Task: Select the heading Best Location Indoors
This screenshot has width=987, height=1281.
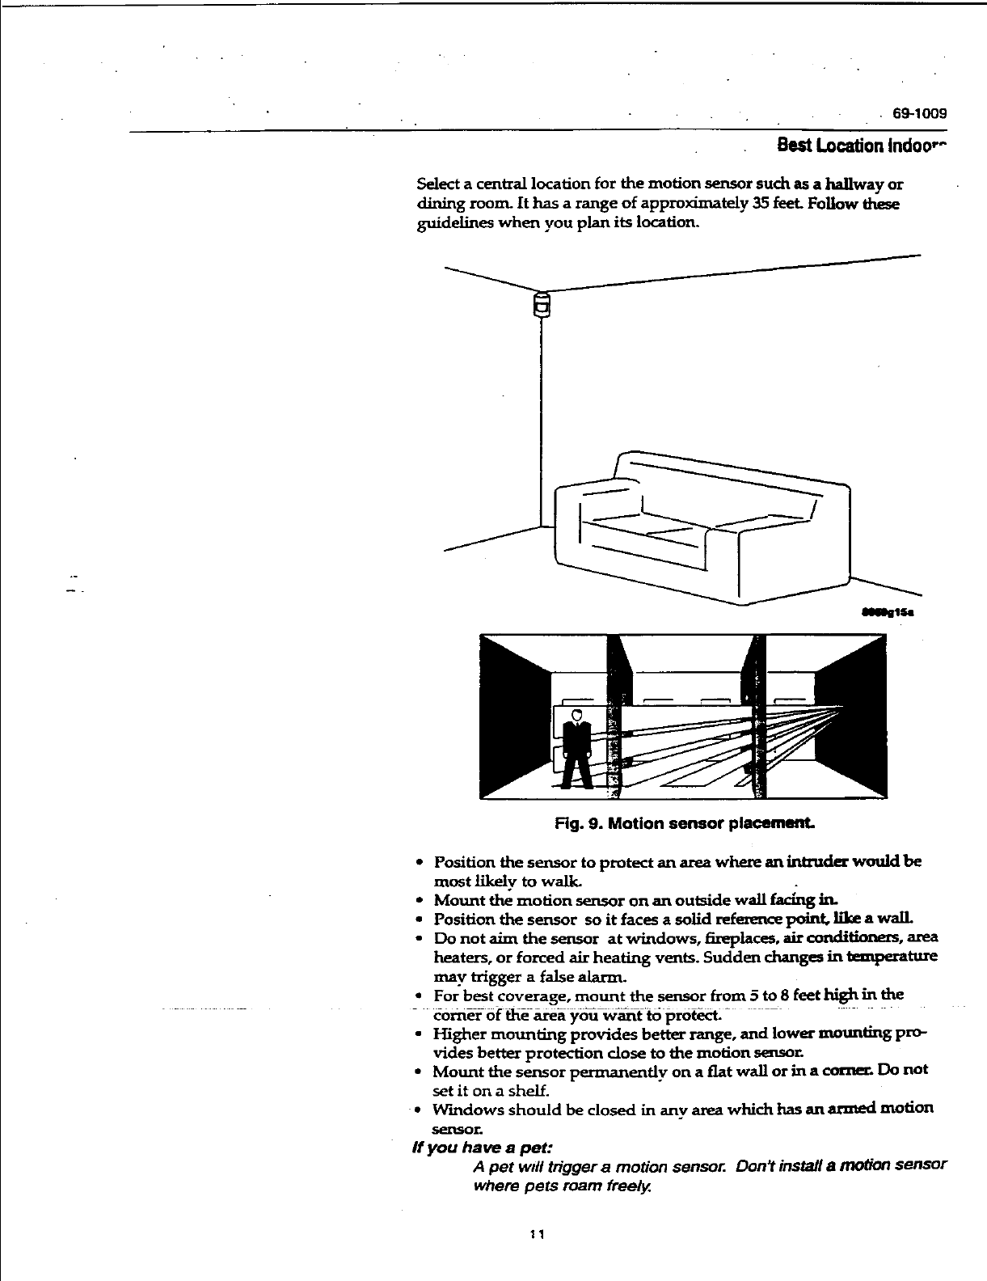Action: [x=860, y=146]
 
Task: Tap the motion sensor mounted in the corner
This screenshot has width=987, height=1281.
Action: [x=542, y=305]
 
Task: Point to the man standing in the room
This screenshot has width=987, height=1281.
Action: [x=576, y=748]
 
